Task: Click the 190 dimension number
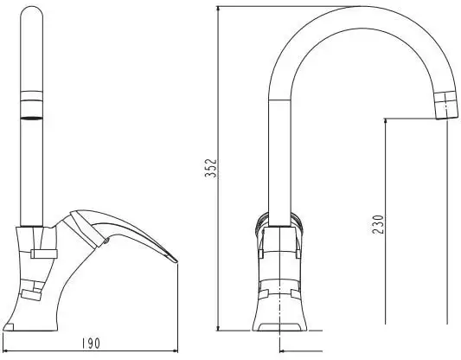click(x=90, y=344)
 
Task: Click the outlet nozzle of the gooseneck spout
click(x=446, y=106)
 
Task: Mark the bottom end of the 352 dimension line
click(x=218, y=331)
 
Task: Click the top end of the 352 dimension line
click(x=218, y=6)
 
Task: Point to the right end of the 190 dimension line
click(x=176, y=351)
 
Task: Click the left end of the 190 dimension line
click(x=5, y=351)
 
